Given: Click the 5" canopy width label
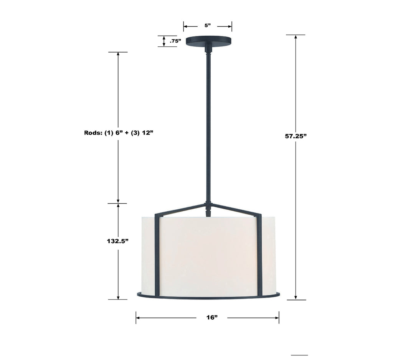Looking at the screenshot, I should click(x=208, y=26).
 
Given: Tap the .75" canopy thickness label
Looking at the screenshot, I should click(x=176, y=41).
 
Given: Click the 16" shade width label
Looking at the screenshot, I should click(x=211, y=317).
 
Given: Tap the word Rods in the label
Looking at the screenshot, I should click(x=93, y=133).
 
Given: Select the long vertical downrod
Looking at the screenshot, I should click(x=208, y=127).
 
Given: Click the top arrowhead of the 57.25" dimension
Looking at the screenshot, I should click(x=296, y=37).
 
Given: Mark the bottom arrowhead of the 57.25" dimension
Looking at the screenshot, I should click(x=296, y=297).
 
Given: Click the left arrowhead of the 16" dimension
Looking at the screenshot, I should click(x=138, y=317).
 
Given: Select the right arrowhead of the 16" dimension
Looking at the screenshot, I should click(x=277, y=317).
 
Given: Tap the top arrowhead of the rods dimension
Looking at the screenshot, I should click(x=118, y=54).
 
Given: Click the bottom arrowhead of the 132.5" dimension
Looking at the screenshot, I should click(x=118, y=297).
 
